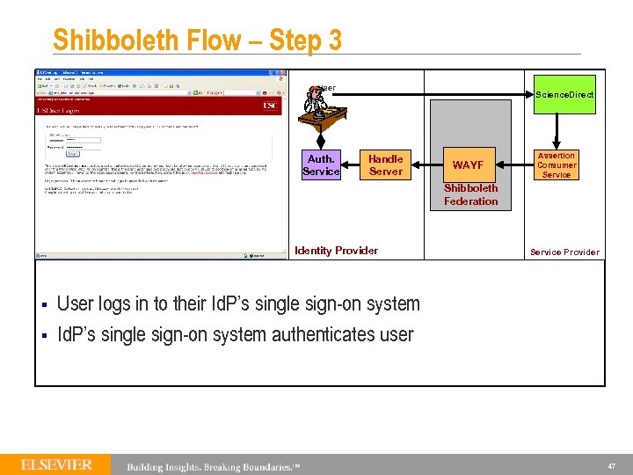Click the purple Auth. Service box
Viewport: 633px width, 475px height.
320,165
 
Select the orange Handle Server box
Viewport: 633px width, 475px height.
385,165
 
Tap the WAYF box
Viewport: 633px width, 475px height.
468,165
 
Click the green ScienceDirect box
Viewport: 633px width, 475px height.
564,94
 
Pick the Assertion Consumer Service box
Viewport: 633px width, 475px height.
557,165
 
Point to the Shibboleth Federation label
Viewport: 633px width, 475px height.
470,194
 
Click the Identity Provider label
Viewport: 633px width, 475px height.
336,251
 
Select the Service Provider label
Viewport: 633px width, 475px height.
564,252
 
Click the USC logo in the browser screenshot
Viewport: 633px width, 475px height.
270,106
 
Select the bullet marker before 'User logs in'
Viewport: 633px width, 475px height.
43,305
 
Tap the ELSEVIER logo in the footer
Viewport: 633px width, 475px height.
57,464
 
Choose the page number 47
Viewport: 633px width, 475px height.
611,464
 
